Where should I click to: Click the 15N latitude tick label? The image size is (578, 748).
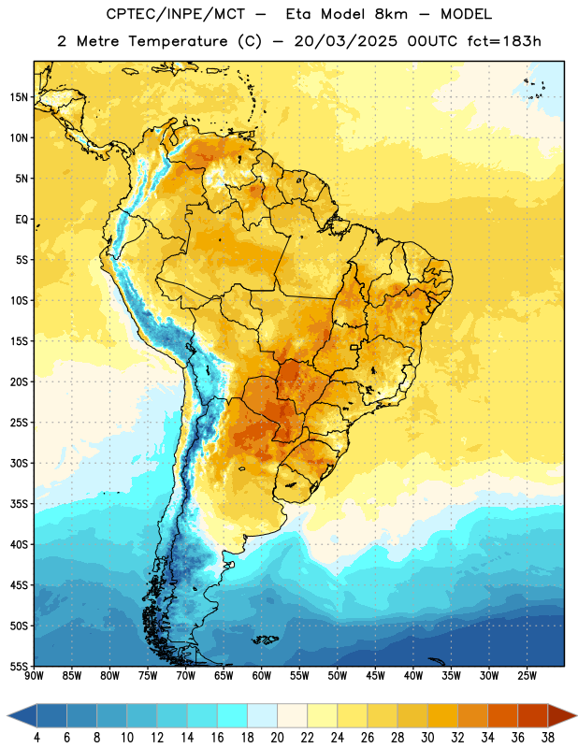point(19,97)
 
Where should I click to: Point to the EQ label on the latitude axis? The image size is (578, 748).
point(22,220)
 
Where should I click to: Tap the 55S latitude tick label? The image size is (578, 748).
point(19,666)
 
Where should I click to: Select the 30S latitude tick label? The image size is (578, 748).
point(19,463)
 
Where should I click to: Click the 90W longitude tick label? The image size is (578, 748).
point(34,676)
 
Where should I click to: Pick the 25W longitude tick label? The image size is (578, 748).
point(527,676)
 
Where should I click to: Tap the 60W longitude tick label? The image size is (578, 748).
point(262,676)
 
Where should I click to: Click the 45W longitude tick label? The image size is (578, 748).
point(375,676)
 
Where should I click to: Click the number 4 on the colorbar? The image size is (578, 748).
point(36,738)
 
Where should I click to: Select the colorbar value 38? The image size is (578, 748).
point(547,738)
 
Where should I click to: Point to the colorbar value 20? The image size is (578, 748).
point(277,738)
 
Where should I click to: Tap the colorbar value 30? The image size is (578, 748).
point(427,738)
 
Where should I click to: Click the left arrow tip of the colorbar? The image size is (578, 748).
point(7,715)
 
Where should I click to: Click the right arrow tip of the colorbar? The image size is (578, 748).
point(576,715)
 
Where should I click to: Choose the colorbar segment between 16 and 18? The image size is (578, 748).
point(232,715)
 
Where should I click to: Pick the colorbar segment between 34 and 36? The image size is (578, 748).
point(502,715)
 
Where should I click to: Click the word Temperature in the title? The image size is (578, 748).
point(178,41)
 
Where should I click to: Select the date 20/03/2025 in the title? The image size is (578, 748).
point(345,41)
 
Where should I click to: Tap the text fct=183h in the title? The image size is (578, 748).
point(504,41)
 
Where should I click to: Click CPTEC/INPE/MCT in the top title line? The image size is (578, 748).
point(176,14)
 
